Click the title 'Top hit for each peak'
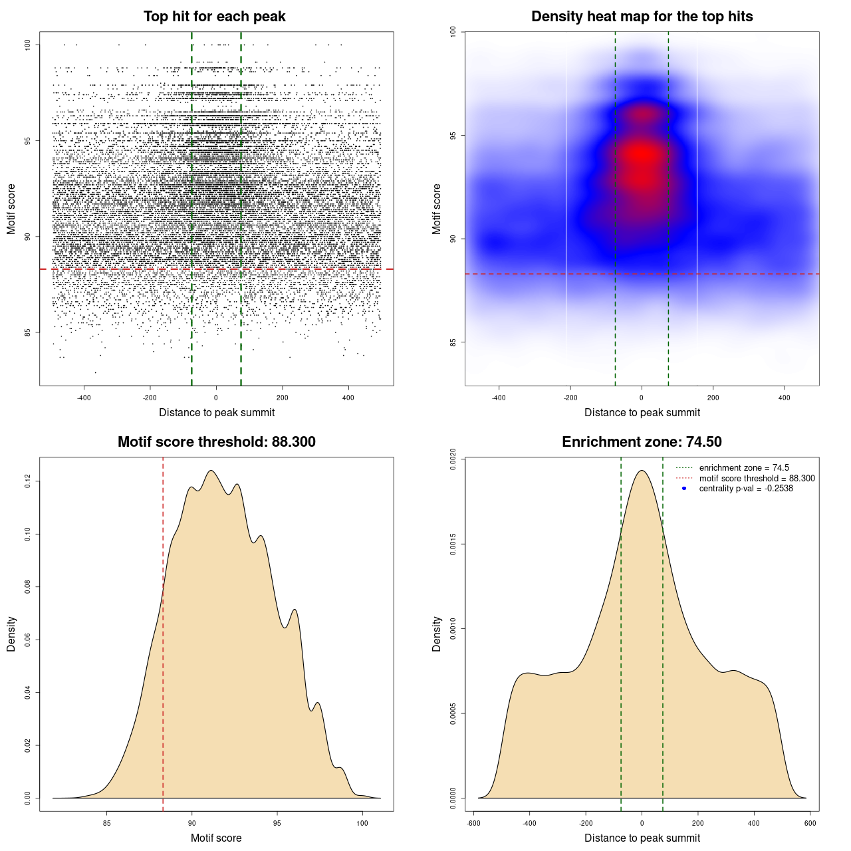click(214, 17)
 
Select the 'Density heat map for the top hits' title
click(642, 17)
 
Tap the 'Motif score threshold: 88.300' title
click(216, 442)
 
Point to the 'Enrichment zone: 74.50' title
click(642, 442)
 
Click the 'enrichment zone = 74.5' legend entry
click(744, 468)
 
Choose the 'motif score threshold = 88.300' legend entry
click(757, 479)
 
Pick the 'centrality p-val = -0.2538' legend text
click(746, 489)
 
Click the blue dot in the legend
click(684, 489)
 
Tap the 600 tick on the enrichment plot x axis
click(810, 823)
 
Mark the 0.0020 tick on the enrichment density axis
click(453, 459)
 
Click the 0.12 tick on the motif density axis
click(28, 481)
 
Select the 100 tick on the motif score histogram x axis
click(362, 823)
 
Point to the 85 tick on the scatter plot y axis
click(28, 332)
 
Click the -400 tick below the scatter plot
click(84, 398)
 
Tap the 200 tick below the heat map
click(713, 398)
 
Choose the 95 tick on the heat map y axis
click(453, 136)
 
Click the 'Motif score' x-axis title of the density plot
click(216, 838)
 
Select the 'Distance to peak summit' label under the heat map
click(642, 412)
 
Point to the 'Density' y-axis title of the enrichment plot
click(437, 634)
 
